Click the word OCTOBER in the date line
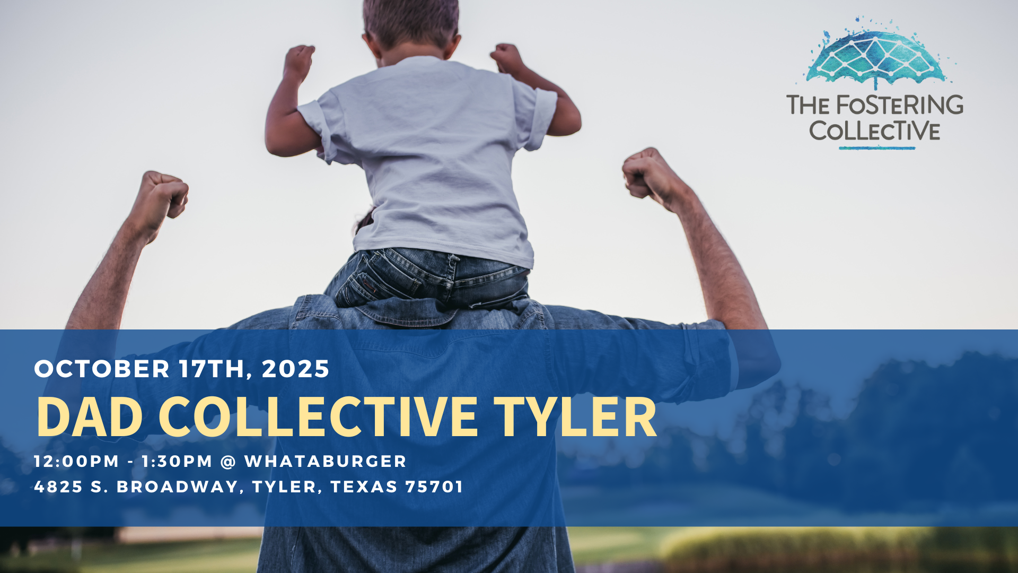click(x=102, y=369)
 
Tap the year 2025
click(x=295, y=369)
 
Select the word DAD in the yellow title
click(x=90, y=417)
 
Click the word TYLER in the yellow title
click(x=575, y=417)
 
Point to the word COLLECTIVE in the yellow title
click(x=318, y=417)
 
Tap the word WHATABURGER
click(x=325, y=461)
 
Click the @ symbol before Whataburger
click(x=228, y=462)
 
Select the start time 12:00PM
click(x=77, y=461)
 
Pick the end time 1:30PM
click(x=177, y=461)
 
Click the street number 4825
click(x=58, y=487)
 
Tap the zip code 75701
click(x=434, y=487)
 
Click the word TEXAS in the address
click(x=364, y=487)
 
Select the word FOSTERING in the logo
click(x=899, y=105)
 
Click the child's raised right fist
click(x=507, y=57)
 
